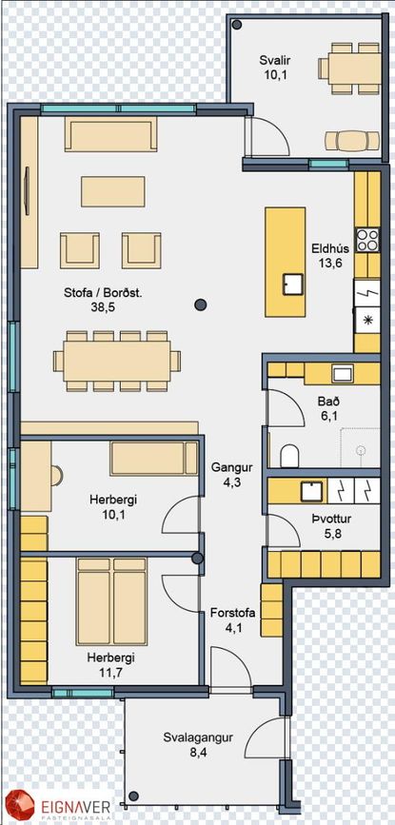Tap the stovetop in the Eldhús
(367, 240)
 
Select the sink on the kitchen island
(292, 285)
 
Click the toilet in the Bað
(289, 456)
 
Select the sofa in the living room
(111, 133)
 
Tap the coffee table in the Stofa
(112, 191)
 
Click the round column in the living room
(201, 304)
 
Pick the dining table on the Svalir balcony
(348, 69)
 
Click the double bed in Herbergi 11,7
(111, 602)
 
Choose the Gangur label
(226, 467)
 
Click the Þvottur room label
(331, 520)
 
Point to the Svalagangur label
(198, 737)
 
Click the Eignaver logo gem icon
(17, 806)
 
